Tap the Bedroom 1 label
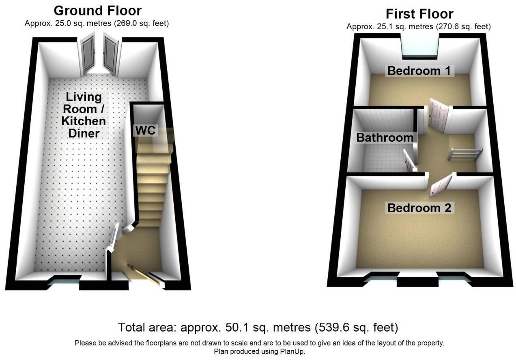click(x=419, y=71)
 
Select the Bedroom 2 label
click(x=419, y=208)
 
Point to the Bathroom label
click(x=385, y=137)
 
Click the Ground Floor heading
click(x=97, y=10)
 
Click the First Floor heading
click(x=419, y=14)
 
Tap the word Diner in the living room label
click(x=84, y=133)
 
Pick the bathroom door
click(x=409, y=162)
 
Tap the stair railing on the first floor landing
click(x=465, y=154)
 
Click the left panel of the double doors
click(x=88, y=55)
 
